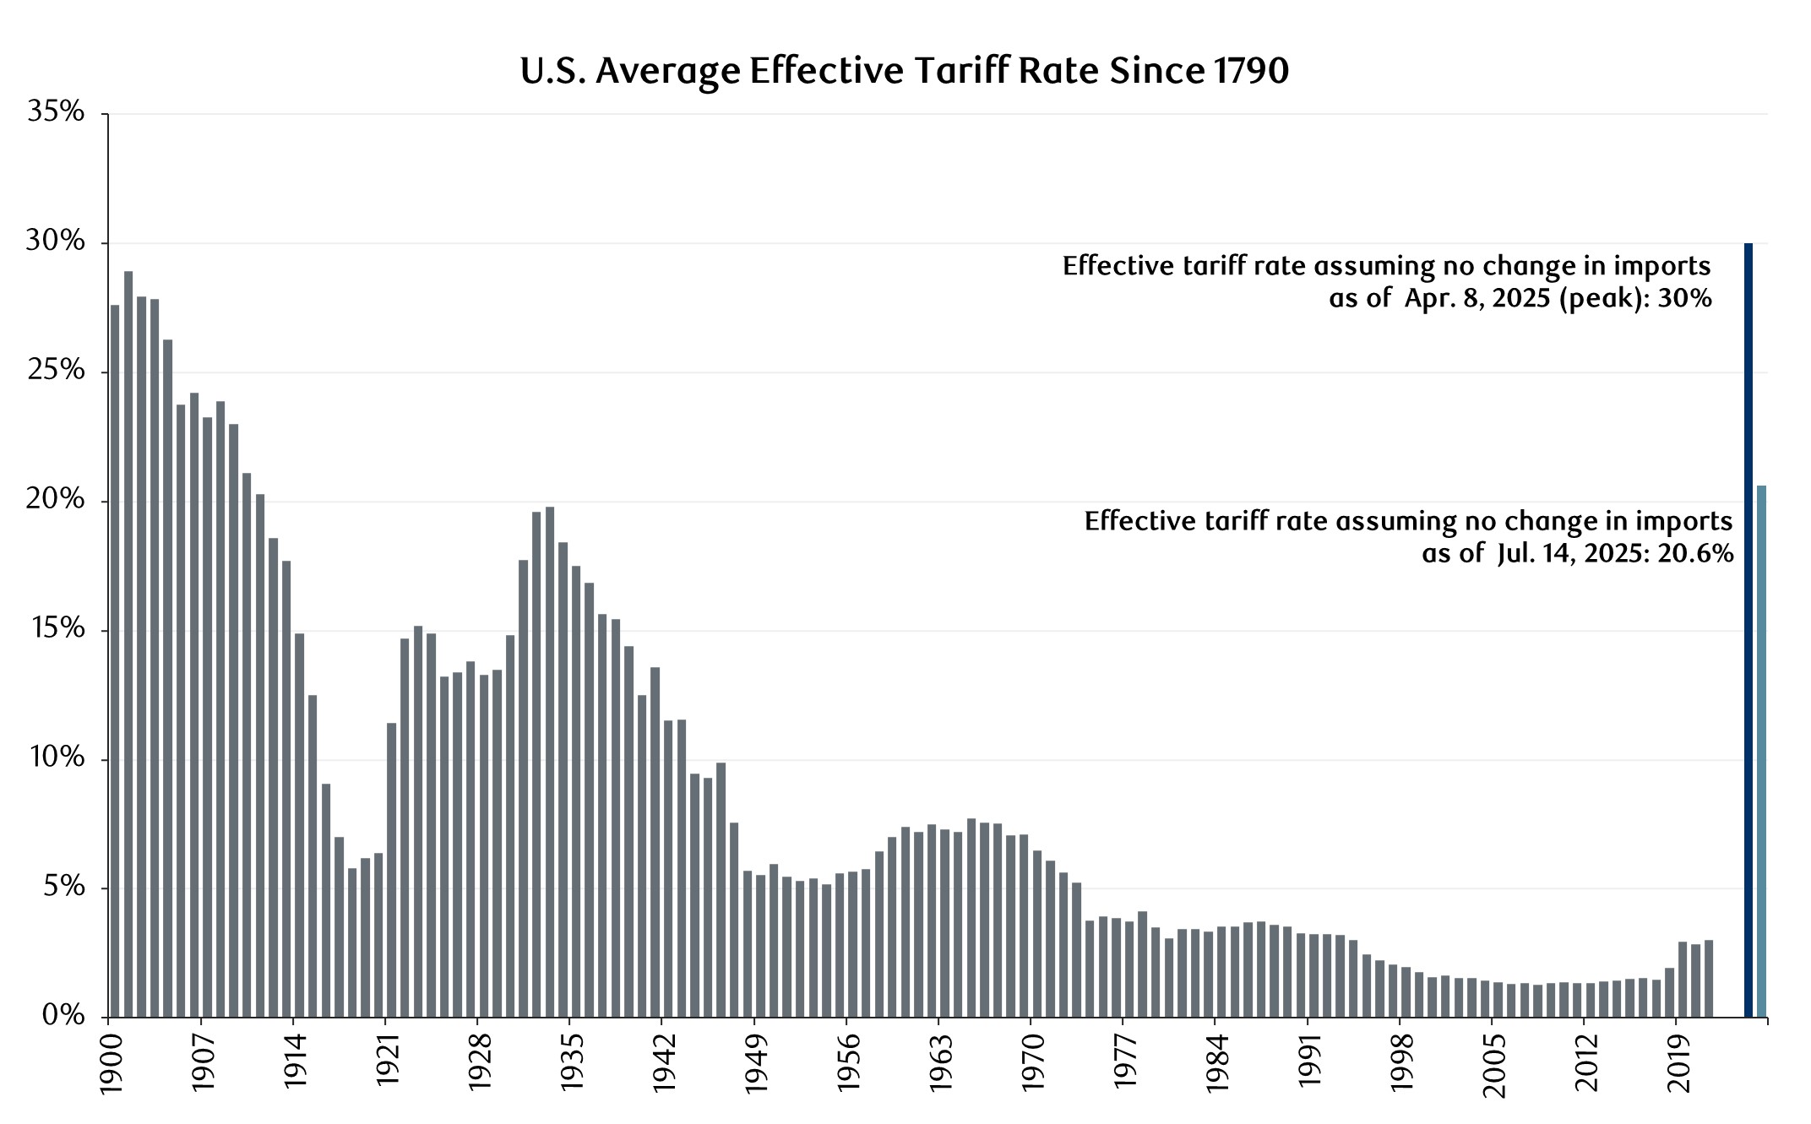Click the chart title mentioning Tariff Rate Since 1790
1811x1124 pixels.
[x=904, y=72]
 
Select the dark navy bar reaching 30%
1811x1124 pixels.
[x=1748, y=629]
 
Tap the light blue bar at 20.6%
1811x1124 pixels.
[x=1761, y=751]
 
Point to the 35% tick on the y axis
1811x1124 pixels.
[x=56, y=112]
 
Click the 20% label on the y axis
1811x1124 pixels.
[x=56, y=500]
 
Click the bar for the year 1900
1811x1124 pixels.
[x=115, y=660]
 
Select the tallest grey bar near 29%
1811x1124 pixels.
[x=128, y=643]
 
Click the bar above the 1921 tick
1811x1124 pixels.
[x=391, y=870]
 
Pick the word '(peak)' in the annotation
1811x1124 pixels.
[x=1598, y=299]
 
